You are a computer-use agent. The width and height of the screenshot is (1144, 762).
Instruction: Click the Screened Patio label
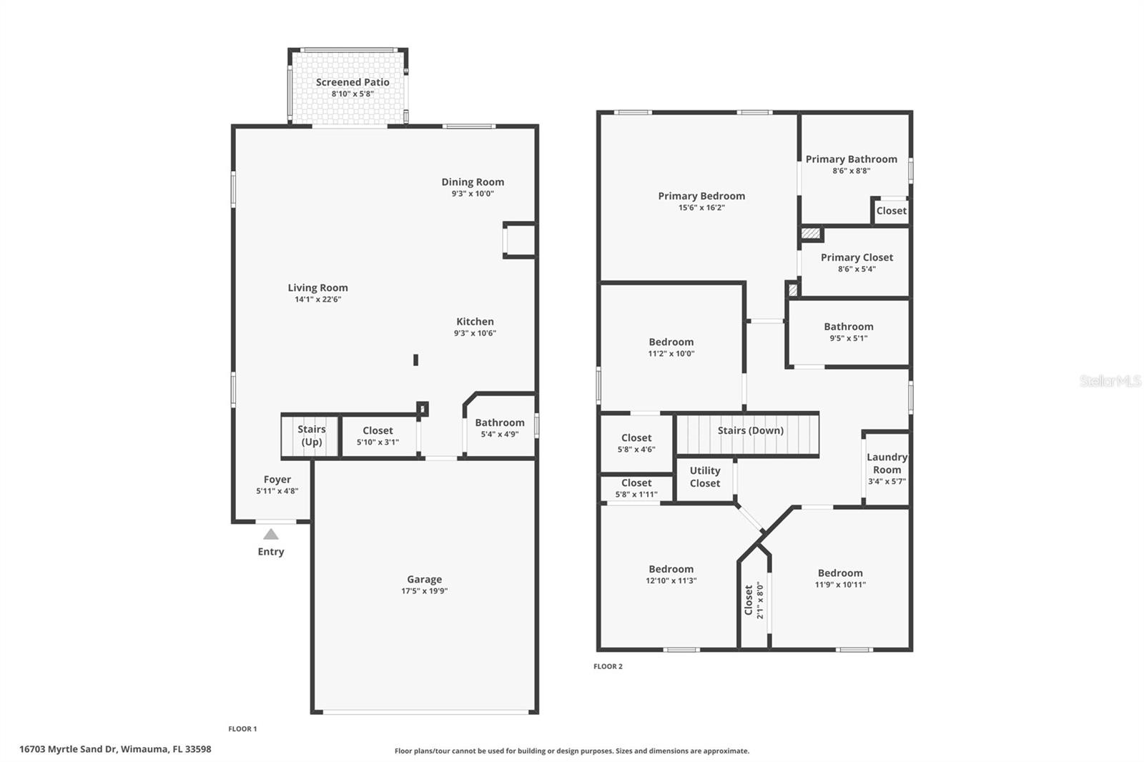(352, 82)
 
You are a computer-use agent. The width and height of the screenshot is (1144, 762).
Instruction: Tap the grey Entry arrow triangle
(270, 534)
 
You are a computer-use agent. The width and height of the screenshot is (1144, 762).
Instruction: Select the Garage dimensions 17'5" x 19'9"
(425, 591)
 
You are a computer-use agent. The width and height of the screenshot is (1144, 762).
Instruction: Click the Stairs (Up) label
(311, 435)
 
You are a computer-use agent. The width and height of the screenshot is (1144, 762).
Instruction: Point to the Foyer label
(277, 480)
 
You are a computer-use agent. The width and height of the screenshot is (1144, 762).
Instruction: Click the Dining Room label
(473, 182)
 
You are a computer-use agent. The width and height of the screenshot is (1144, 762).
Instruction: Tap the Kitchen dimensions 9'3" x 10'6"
(475, 333)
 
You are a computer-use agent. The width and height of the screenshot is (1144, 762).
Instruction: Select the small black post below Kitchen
(415, 360)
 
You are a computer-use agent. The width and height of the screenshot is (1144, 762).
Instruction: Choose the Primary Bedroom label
(701, 196)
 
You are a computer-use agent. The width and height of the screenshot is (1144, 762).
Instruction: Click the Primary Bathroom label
(851, 159)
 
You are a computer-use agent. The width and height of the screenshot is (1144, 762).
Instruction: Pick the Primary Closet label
(857, 257)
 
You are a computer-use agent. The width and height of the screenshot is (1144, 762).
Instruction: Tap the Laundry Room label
(887, 463)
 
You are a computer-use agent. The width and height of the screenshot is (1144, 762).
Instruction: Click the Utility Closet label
(704, 477)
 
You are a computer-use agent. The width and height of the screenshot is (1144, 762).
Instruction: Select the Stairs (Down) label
(750, 430)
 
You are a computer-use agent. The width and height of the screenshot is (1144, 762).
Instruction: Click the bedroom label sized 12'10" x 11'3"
(671, 570)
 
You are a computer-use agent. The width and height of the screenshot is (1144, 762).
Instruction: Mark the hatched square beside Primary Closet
(811, 234)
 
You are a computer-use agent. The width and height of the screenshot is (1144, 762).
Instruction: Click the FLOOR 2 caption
(608, 666)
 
